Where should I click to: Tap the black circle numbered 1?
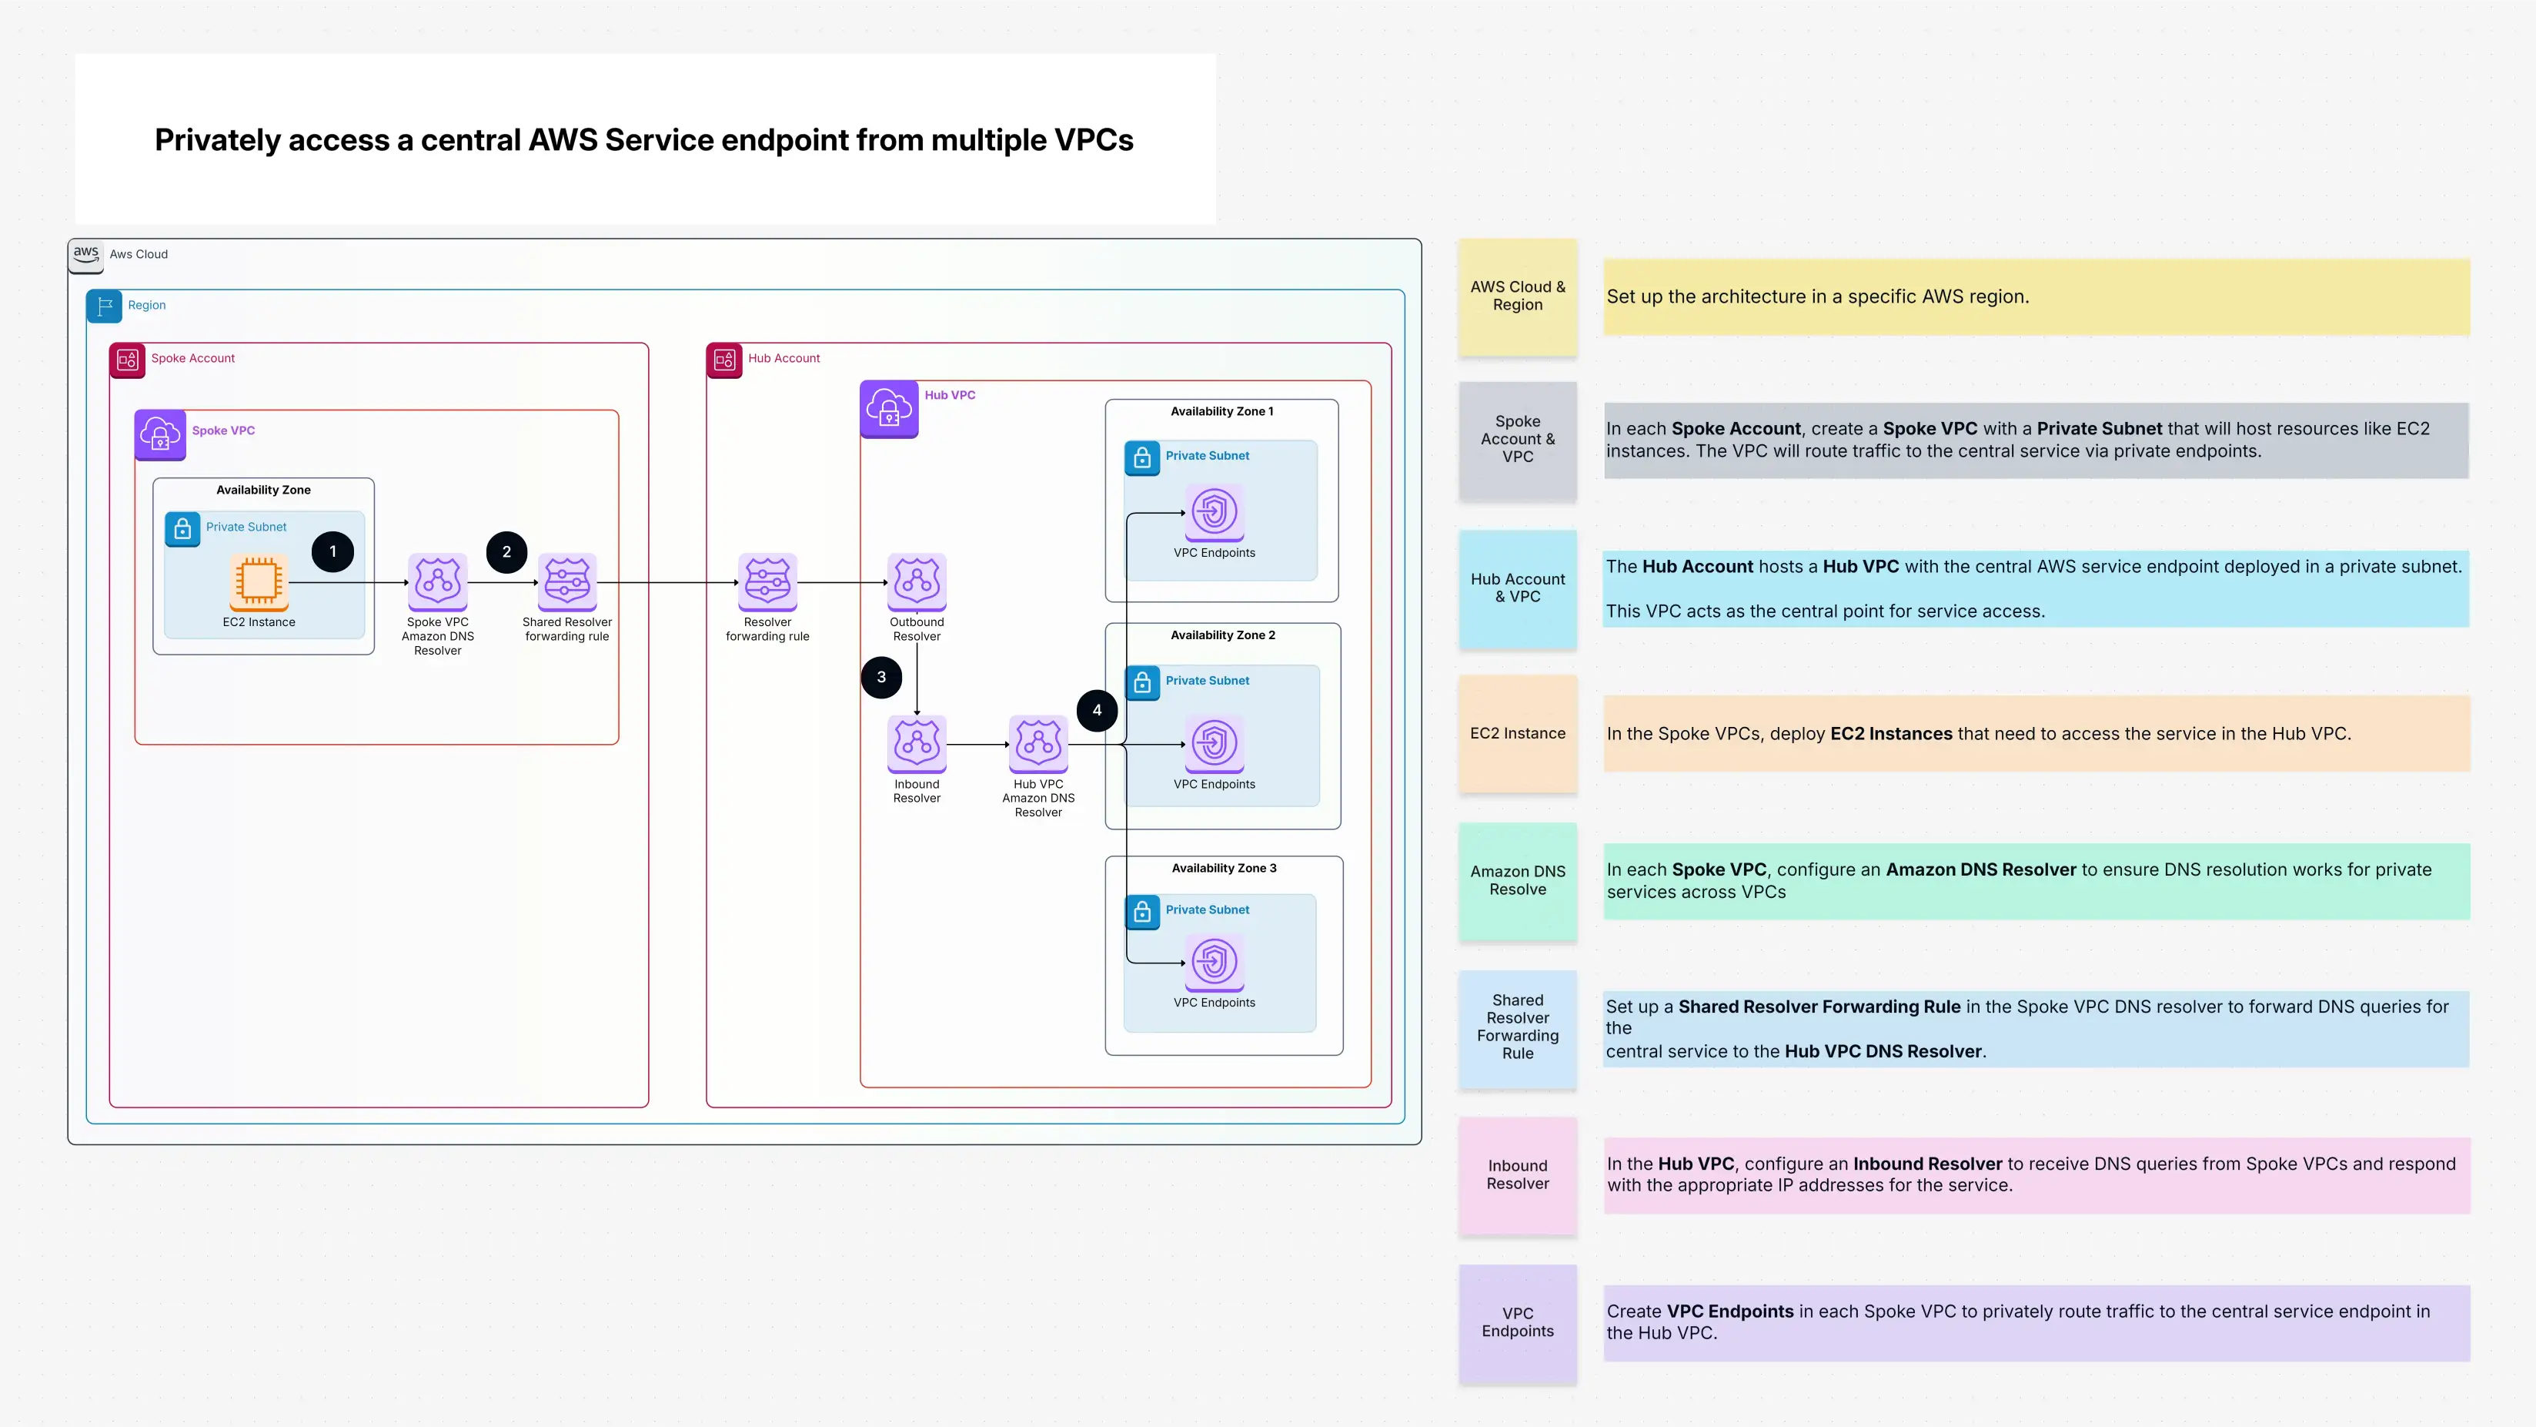pos(332,551)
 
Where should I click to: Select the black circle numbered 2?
pos(506,551)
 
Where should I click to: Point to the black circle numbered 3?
pos(881,677)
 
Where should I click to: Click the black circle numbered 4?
pos(1097,710)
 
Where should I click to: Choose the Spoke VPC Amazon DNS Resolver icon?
pos(437,581)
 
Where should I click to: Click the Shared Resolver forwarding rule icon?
pos(567,581)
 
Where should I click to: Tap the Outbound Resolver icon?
pos(917,581)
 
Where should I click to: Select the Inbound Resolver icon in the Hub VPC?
pos(917,744)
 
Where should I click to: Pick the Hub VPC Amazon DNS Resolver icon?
pos(1037,744)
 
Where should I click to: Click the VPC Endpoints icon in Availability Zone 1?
pos(1214,512)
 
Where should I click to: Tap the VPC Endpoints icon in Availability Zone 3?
pos(1214,962)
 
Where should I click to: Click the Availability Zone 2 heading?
pos(1223,635)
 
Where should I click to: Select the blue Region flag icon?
pos(105,307)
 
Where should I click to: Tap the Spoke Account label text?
pos(193,358)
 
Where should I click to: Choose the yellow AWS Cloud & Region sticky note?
pos(1517,296)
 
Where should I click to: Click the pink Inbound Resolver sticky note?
pos(1517,1175)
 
